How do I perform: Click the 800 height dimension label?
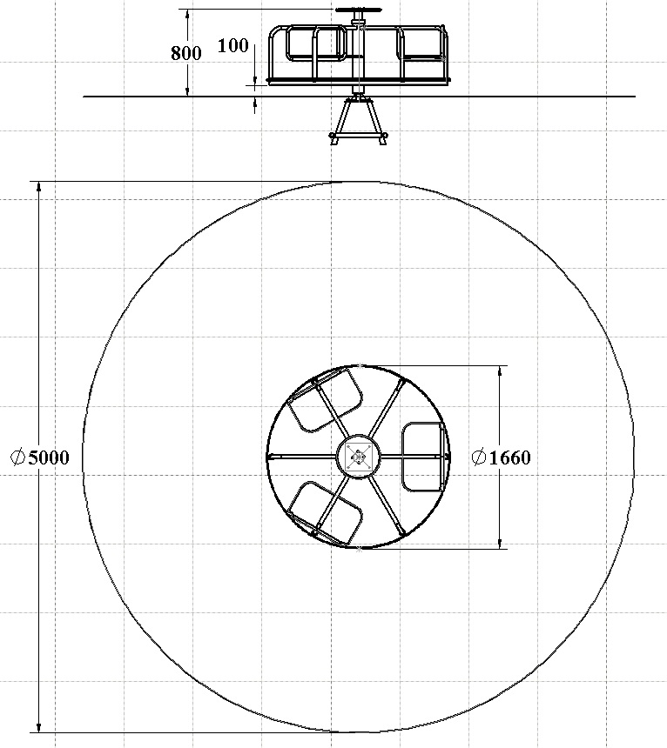(186, 52)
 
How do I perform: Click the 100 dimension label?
(233, 45)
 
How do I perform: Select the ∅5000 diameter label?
(40, 457)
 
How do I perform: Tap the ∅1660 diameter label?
(501, 457)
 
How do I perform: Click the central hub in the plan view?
(358, 457)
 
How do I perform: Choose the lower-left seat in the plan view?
(325, 513)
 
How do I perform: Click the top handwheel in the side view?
(358, 10)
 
